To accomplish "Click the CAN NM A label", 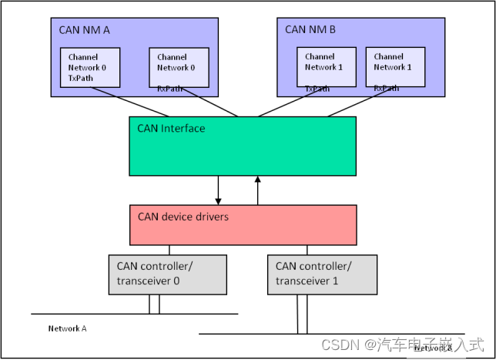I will coord(84,30).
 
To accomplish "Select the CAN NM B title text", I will coord(310,30).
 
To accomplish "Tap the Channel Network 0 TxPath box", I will coord(89,67).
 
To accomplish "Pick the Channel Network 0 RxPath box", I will coord(179,68).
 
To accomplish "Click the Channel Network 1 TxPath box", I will coord(326,67).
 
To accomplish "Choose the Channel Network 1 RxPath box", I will coord(394,68).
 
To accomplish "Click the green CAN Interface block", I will coord(242,146).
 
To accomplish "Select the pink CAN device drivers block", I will coord(242,224).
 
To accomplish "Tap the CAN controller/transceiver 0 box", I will coord(167,274).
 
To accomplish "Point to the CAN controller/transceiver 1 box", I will coord(322,274).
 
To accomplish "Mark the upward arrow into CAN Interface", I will coord(258,190).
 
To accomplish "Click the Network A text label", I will coord(67,328).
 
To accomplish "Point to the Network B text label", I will coord(433,348).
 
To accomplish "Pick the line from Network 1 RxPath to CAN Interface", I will coord(362,104).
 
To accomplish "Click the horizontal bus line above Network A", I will coord(134,314).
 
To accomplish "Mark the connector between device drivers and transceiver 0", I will coord(169,250).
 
